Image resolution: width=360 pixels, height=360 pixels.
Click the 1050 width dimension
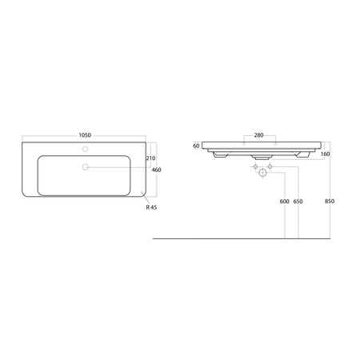pos(86,135)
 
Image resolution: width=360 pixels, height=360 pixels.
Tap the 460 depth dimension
pos(157,170)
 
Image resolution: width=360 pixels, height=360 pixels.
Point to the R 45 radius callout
pos(152,208)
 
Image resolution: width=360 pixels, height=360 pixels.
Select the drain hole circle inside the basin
pos(86,166)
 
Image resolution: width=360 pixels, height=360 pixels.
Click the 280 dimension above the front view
pos(258,135)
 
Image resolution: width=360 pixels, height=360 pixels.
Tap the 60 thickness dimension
pos(196,146)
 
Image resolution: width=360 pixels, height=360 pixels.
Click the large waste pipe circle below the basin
pos(260,172)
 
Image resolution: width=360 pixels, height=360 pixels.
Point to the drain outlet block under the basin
pos(260,159)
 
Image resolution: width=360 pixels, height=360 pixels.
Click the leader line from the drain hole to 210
pos(120,166)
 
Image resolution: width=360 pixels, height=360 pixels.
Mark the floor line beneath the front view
pos(240,238)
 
